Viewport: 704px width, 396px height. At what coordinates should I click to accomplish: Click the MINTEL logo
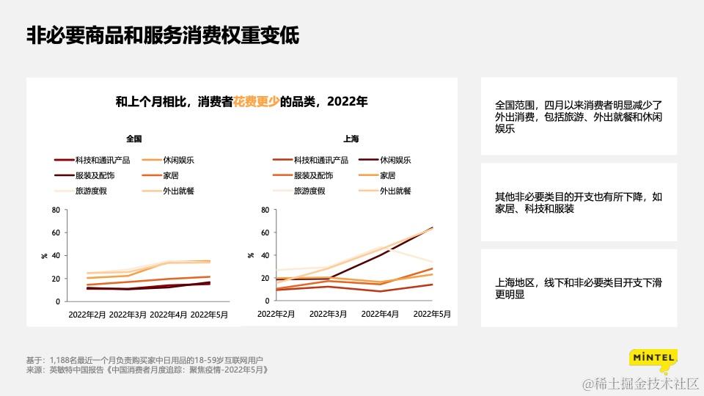pyautogui.click(x=653, y=359)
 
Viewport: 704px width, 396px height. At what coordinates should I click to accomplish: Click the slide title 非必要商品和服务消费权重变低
pyautogui.click(x=163, y=36)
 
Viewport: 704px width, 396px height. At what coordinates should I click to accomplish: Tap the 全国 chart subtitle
pyautogui.click(x=133, y=138)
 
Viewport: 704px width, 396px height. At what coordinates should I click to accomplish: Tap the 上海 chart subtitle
pyautogui.click(x=351, y=138)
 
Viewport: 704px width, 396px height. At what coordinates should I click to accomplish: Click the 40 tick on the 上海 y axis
pyautogui.click(x=265, y=255)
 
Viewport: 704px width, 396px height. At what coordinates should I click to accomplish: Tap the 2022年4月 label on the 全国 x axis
pyautogui.click(x=169, y=314)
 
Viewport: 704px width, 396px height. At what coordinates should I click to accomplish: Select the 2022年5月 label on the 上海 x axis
pyautogui.click(x=432, y=314)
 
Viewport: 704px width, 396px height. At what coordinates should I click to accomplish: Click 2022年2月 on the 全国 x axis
pyautogui.click(x=88, y=314)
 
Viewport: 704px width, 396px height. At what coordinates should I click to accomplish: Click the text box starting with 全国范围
pyautogui.click(x=578, y=116)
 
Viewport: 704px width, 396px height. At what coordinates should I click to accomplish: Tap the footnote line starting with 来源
pyautogui.click(x=147, y=370)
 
